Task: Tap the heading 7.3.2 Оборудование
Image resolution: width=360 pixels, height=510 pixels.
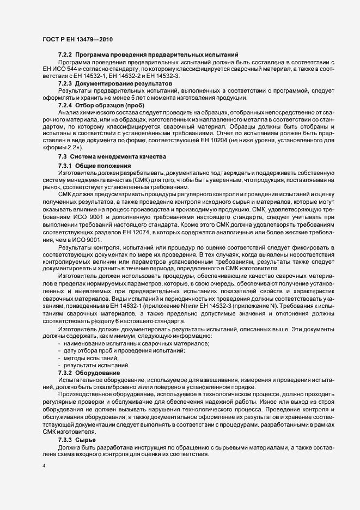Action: coord(89,372)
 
